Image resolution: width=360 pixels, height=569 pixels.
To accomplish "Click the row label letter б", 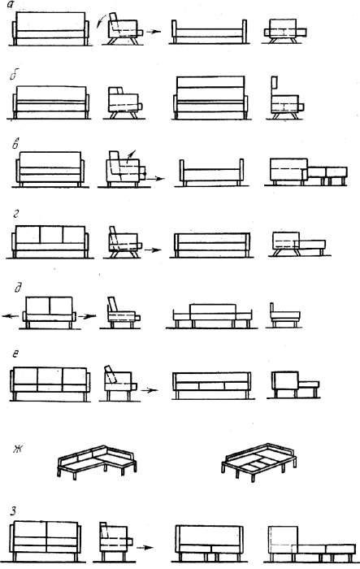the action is pos(14,76).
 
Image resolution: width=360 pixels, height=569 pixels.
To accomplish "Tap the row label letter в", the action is pos(15,145).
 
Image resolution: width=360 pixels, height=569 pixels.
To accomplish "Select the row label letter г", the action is pos(15,215).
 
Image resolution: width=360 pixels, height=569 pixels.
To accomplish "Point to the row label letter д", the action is pos(18,288).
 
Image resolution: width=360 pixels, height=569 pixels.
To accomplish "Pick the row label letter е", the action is pos(15,354).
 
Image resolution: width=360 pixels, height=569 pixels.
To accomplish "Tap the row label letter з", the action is pos(14,511).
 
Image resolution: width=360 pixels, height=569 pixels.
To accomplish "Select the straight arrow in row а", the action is pos(154,32).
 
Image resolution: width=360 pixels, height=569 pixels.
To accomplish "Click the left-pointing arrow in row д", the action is pos(11,316).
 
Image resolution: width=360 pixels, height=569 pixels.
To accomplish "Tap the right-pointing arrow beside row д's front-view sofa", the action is pos(87,316).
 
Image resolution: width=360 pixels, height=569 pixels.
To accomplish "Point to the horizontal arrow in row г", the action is pos(153,250).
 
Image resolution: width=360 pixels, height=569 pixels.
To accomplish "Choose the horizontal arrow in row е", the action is pos(150,390).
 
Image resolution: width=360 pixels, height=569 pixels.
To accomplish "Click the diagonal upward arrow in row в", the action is pos(131,154).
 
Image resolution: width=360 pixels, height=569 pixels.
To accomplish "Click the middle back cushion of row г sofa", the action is pos(51,235).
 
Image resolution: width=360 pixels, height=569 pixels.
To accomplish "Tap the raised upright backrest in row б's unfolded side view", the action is pos(274,84).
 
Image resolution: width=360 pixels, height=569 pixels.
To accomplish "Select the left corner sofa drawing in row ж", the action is pos(97,462).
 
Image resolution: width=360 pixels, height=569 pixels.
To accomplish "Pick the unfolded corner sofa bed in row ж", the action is pos(259,463).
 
